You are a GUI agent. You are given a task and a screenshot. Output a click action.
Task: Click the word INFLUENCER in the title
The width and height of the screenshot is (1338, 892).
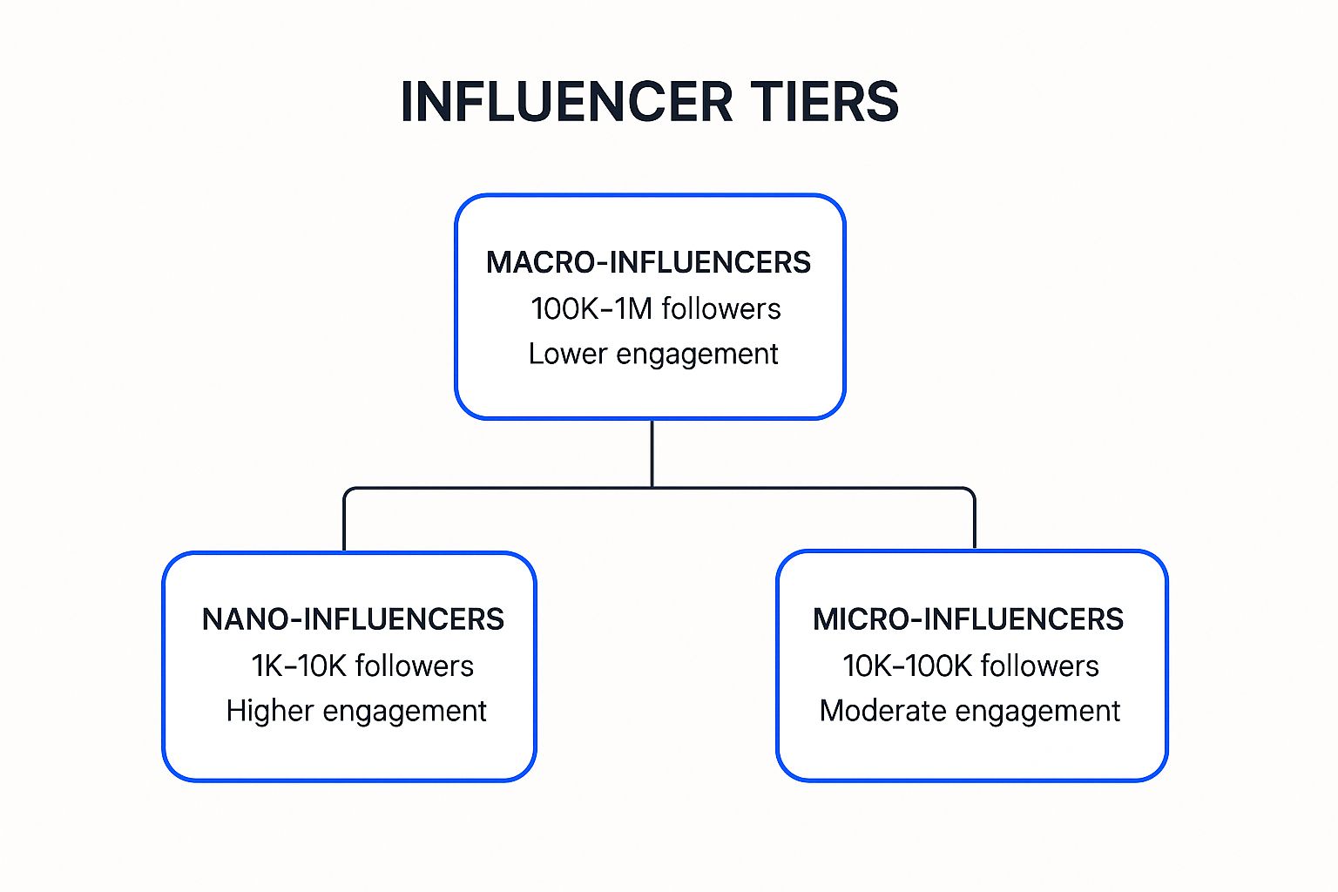[x=567, y=102]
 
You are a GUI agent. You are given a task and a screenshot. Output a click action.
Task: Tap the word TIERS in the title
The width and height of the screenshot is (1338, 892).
[x=823, y=102]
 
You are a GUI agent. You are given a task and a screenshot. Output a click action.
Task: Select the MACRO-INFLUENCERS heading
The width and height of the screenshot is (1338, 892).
[x=648, y=262]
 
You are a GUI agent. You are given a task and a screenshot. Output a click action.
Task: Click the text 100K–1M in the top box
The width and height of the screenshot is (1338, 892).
[x=591, y=308]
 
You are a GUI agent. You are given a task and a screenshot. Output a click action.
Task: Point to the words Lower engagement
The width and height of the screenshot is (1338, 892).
[x=653, y=354]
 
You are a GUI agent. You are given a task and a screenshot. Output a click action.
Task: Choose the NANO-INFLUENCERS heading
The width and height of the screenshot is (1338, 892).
[x=353, y=619]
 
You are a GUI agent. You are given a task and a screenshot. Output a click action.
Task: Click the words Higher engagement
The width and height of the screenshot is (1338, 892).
[x=356, y=711]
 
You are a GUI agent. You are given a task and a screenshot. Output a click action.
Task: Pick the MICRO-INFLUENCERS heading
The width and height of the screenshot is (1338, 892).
[x=968, y=619]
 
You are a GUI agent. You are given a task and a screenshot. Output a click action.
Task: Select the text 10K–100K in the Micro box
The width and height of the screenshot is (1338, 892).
[x=907, y=666]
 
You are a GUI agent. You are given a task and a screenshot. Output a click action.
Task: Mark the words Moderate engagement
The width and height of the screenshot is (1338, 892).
[x=970, y=711]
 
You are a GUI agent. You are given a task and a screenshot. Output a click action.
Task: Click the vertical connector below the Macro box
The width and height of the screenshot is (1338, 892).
[x=652, y=453]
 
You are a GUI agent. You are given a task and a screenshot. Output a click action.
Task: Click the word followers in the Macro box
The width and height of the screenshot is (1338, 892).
[x=721, y=308]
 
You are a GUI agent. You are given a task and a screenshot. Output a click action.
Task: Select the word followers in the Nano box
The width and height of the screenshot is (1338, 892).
[x=415, y=666]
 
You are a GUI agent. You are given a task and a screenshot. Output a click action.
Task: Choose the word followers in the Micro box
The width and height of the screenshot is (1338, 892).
[x=1039, y=666]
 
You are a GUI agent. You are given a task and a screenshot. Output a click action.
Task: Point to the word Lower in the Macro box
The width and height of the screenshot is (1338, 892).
[x=567, y=354]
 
